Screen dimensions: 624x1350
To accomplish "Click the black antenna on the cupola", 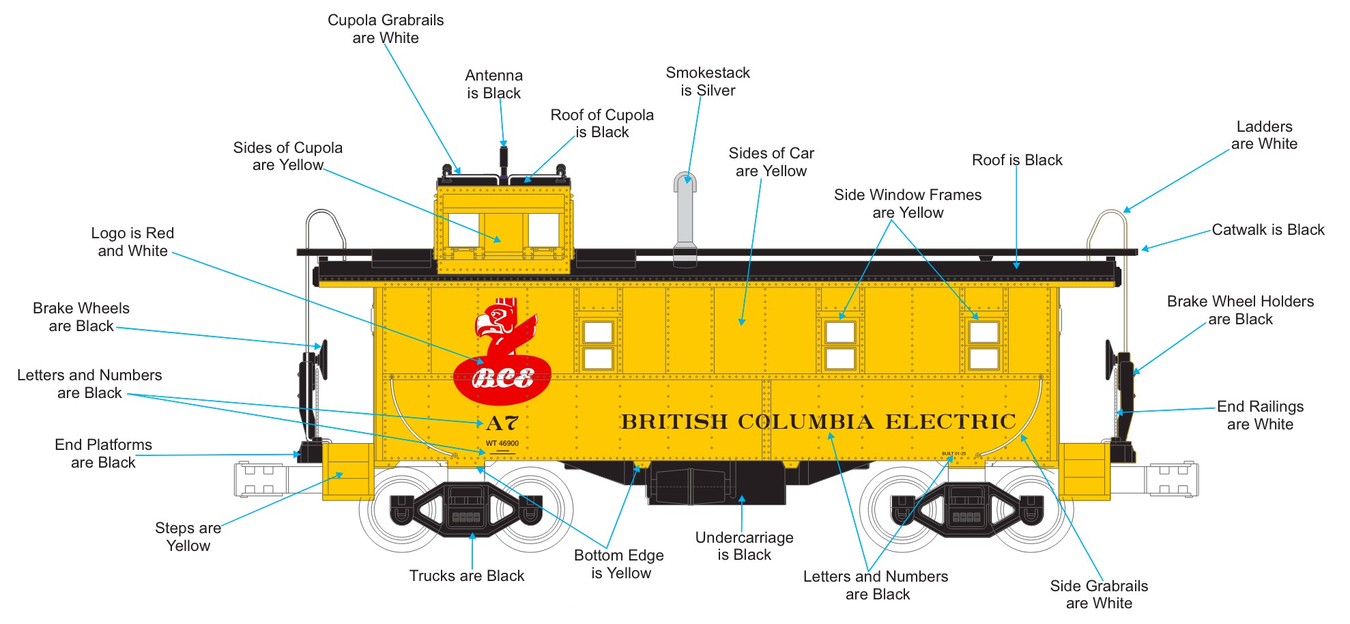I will coord(504,161).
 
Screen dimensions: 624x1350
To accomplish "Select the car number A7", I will coord(502,423).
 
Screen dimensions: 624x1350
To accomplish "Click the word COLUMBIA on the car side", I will coord(805,422).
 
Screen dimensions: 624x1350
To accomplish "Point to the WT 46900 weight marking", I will coord(502,444).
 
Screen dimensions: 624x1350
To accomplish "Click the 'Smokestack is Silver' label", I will coord(708,81).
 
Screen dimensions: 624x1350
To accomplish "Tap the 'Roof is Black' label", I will coord(1017,160).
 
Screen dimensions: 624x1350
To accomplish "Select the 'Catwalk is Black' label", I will coord(1267,229).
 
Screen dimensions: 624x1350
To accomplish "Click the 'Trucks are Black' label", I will coord(467,576).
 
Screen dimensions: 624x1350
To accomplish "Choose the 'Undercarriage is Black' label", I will coord(744,546).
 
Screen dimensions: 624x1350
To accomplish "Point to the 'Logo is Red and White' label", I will coord(133,242).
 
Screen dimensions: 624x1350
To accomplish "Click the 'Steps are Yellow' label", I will coord(188,537).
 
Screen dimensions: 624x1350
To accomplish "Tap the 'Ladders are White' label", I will coord(1264,135).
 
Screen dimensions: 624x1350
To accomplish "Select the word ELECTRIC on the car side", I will coord(951,422).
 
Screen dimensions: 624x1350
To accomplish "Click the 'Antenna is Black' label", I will coord(494,84).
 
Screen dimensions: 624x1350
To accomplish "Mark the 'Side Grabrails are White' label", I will coord(1099,594).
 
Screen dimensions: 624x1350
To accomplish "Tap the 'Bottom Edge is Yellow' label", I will coord(619,564).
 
